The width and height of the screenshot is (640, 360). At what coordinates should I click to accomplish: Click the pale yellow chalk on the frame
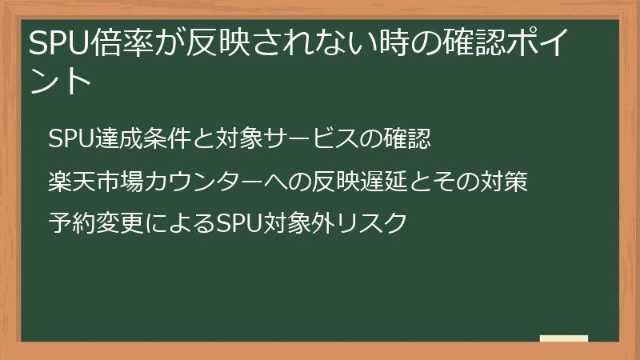(x=563, y=338)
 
